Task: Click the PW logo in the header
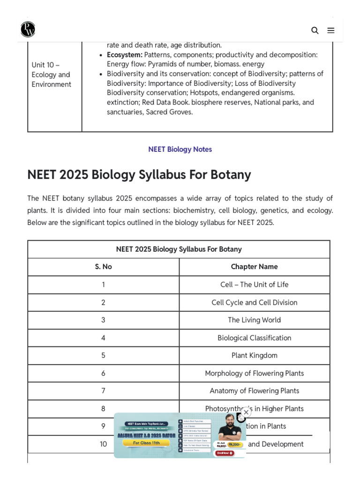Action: click(28, 30)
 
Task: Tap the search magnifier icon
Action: click(315, 30)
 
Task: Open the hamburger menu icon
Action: click(331, 30)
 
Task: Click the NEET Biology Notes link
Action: click(180, 149)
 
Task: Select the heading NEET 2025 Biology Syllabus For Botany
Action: click(139, 174)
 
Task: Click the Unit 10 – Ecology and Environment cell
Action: click(52, 75)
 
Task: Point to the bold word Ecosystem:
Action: click(124, 54)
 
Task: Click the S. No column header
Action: click(103, 267)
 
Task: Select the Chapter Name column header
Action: click(254, 267)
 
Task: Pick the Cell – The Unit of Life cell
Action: click(254, 285)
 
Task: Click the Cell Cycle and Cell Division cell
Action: click(254, 302)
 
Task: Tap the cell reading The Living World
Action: click(254, 320)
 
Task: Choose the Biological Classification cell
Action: click(254, 338)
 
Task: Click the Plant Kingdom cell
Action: click(254, 355)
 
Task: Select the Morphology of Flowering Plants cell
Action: click(254, 373)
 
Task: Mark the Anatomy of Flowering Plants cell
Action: click(254, 391)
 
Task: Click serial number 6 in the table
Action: click(103, 373)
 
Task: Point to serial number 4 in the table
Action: click(103, 338)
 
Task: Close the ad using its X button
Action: click(246, 412)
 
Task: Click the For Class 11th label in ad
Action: click(146, 442)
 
